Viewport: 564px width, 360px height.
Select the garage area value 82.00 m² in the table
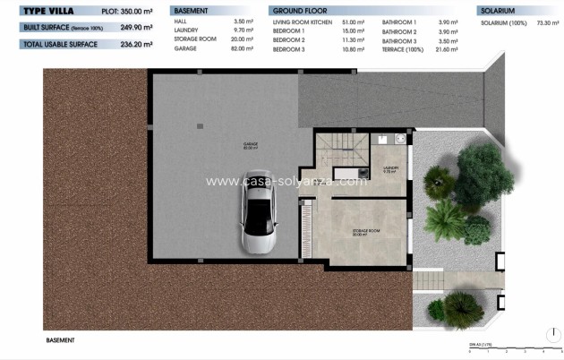pyautogui.click(x=243, y=49)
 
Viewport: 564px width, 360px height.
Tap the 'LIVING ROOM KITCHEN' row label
pyautogui.click(x=303, y=20)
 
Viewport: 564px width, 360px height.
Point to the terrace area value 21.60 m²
pyautogui.click(x=446, y=49)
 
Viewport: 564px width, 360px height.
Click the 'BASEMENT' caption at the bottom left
pyautogui.click(x=59, y=340)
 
